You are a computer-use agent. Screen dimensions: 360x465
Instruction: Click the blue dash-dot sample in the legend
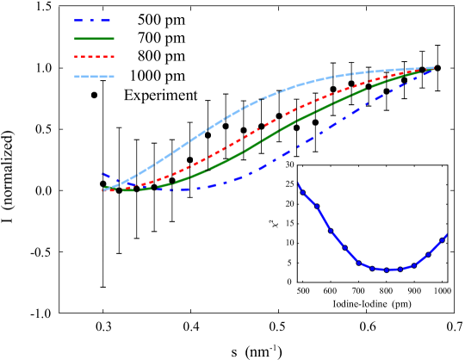[x=93, y=21]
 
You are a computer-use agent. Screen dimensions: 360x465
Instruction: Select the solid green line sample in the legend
[x=94, y=39]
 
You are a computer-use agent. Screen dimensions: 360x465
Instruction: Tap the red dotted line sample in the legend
[x=94, y=57]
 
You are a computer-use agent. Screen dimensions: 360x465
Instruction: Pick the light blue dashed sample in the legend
[x=94, y=77]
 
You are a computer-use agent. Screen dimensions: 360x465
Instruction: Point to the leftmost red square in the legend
[x=77, y=57]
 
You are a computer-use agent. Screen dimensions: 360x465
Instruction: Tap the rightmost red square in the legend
[x=112, y=57]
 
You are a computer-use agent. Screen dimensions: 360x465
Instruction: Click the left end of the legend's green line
[x=76, y=39]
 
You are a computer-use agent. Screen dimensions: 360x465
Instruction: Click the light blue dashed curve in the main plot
[x=224, y=118]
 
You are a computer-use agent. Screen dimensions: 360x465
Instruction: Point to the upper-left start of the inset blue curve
[x=299, y=184]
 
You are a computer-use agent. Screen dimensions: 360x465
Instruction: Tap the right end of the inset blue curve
[x=446, y=235]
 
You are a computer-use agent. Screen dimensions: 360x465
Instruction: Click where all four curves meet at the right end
[x=430, y=69]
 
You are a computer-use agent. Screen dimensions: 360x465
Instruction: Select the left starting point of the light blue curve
[x=105, y=189]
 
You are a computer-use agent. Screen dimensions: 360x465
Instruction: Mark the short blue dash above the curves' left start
[x=106, y=175]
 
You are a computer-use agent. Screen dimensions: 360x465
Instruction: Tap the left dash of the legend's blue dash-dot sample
[x=78, y=21]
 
